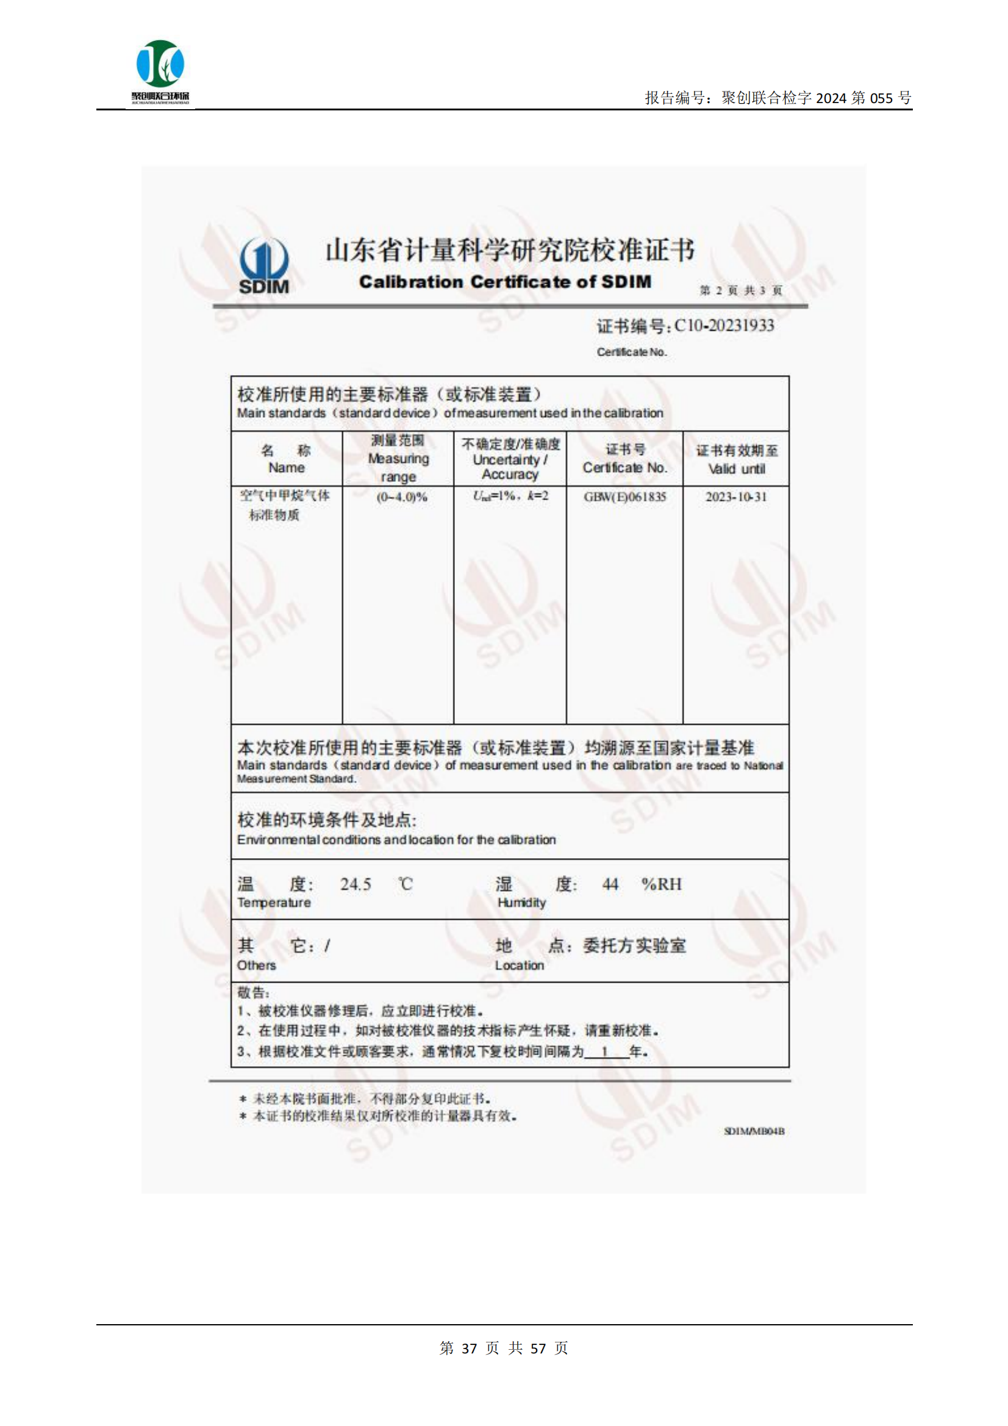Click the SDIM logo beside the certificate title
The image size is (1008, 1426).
(x=264, y=266)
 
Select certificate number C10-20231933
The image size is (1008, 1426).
(x=724, y=326)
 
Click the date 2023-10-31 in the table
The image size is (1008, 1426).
(x=736, y=497)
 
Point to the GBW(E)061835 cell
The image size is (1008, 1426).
(x=624, y=497)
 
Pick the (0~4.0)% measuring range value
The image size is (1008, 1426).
(x=402, y=498)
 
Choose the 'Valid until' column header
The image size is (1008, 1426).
(x=737, y=469)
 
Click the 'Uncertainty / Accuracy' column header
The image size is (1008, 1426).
(x=510, y=467)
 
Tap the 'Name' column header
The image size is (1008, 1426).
(x=287, y=468)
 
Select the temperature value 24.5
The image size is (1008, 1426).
(x=356, y=884)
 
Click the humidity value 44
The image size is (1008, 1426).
(x=610, y=884)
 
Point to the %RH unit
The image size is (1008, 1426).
(x=661, y=884)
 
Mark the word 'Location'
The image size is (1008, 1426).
(x=519, y=965)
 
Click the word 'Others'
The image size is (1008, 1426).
(x=256, y=965)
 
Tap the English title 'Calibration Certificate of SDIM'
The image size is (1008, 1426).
(x=505, y=282)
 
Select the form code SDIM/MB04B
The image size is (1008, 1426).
(x=754, y=1131)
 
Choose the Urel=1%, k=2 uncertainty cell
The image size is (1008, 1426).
(x=510, y=496)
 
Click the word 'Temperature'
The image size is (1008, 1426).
(x=273, y=903)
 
